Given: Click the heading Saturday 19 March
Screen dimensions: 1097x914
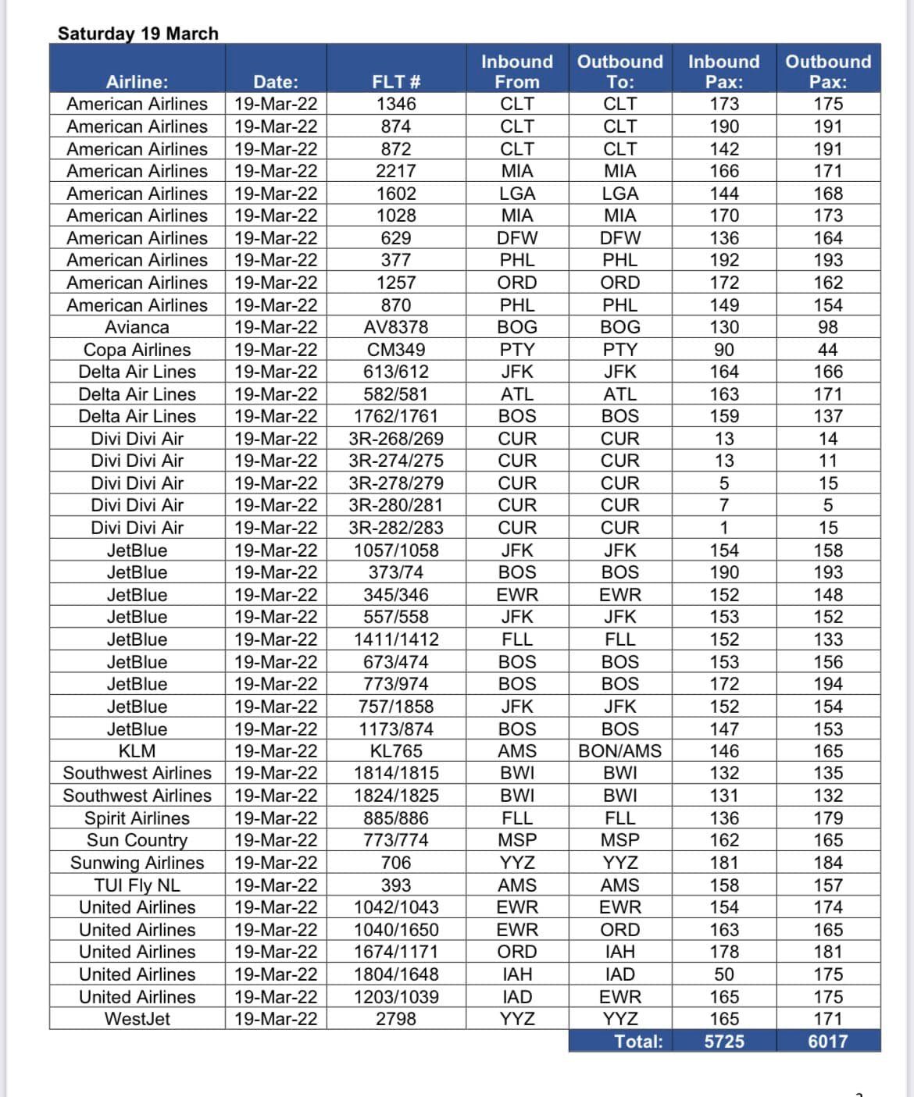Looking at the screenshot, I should click(x=137, y=34).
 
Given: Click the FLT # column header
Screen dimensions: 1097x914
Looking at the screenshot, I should click(x=396, y=82).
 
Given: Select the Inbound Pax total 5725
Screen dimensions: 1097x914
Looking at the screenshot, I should click(x=724, y=1042).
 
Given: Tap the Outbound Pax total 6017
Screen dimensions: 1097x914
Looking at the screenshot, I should click(x=828, y=1042).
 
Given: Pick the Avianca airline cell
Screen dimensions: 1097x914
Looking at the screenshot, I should click(x=137, y=327).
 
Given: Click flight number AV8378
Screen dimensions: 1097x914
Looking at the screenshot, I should click(x=396, y=327).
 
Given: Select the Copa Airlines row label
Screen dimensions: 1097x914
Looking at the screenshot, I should click(x=137, y=350).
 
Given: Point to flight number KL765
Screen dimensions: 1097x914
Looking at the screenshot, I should click(x=396, y=751).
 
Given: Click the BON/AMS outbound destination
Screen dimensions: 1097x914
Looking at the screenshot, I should click(x=619, y=751).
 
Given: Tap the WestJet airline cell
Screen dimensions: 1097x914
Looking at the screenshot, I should click(x=137, y=1019).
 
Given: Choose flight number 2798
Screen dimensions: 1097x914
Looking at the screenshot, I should click(x=396, y=1019).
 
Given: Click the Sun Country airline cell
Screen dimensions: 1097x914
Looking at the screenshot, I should click(x=137, y=840).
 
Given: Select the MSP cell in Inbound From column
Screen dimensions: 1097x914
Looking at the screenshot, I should click(x=517, y=840).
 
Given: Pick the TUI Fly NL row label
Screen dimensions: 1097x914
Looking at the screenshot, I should click(x=137, y=885).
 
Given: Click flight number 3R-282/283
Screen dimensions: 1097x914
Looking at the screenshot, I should click(x=396, y=528).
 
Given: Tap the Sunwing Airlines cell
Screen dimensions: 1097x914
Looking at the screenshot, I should click(x=137, y=863).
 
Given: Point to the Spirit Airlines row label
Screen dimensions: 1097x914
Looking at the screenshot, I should click(x=137, y=818).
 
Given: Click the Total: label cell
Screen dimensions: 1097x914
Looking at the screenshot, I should click(x=638, y=1042).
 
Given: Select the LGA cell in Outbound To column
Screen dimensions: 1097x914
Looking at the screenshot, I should click(x=620, y=194).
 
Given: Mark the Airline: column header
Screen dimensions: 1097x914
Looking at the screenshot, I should click(x=137, y=82).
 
